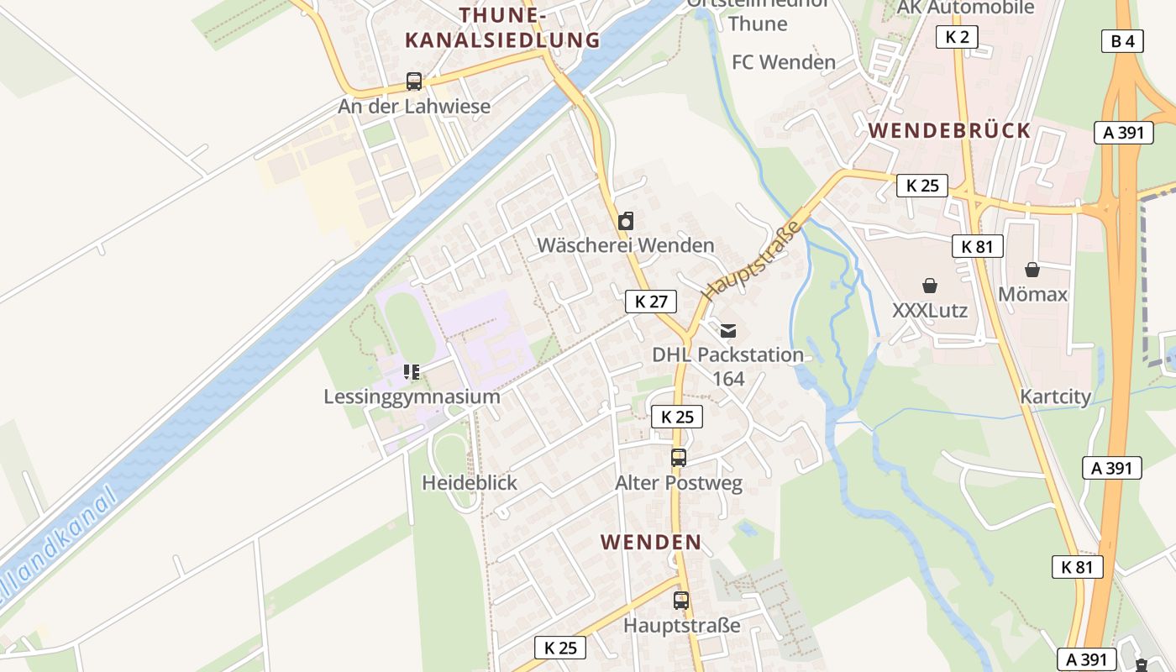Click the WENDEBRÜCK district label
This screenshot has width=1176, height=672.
click(x=949, y=130)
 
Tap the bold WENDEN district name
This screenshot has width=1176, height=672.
click(x=651, y=542)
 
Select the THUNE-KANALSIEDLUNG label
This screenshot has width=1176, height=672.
click(x=502, y=28)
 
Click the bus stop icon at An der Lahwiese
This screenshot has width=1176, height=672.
click(x=414, y=81)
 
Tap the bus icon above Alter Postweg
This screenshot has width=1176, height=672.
click(x=679, y=458)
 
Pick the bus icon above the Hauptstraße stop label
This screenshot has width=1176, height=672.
click(x=681, y=601)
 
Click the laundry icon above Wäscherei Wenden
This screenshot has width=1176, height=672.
click(x=626, y=221)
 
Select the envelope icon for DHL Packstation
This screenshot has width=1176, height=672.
click(x=728, y=330)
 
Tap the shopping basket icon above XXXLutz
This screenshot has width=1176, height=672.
click(x=930, y=286)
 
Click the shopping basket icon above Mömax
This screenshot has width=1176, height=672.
click(x=1032, y=270)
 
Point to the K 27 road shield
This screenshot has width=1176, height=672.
click(x=651, y=302)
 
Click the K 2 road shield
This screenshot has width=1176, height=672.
click(x=958, y=36)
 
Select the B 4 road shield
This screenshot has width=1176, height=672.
click(x=1122, y=41)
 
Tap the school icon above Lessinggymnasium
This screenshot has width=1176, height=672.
click(x=412, y=371)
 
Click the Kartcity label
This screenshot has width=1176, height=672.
click(x=1055, y=396)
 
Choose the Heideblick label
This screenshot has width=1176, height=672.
click(x=470, y=483)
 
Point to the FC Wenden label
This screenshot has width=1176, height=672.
click(x=784, y=62)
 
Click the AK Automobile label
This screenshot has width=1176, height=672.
click(x=966, y=8)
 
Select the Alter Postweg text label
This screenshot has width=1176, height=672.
click(x=679, y=483)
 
